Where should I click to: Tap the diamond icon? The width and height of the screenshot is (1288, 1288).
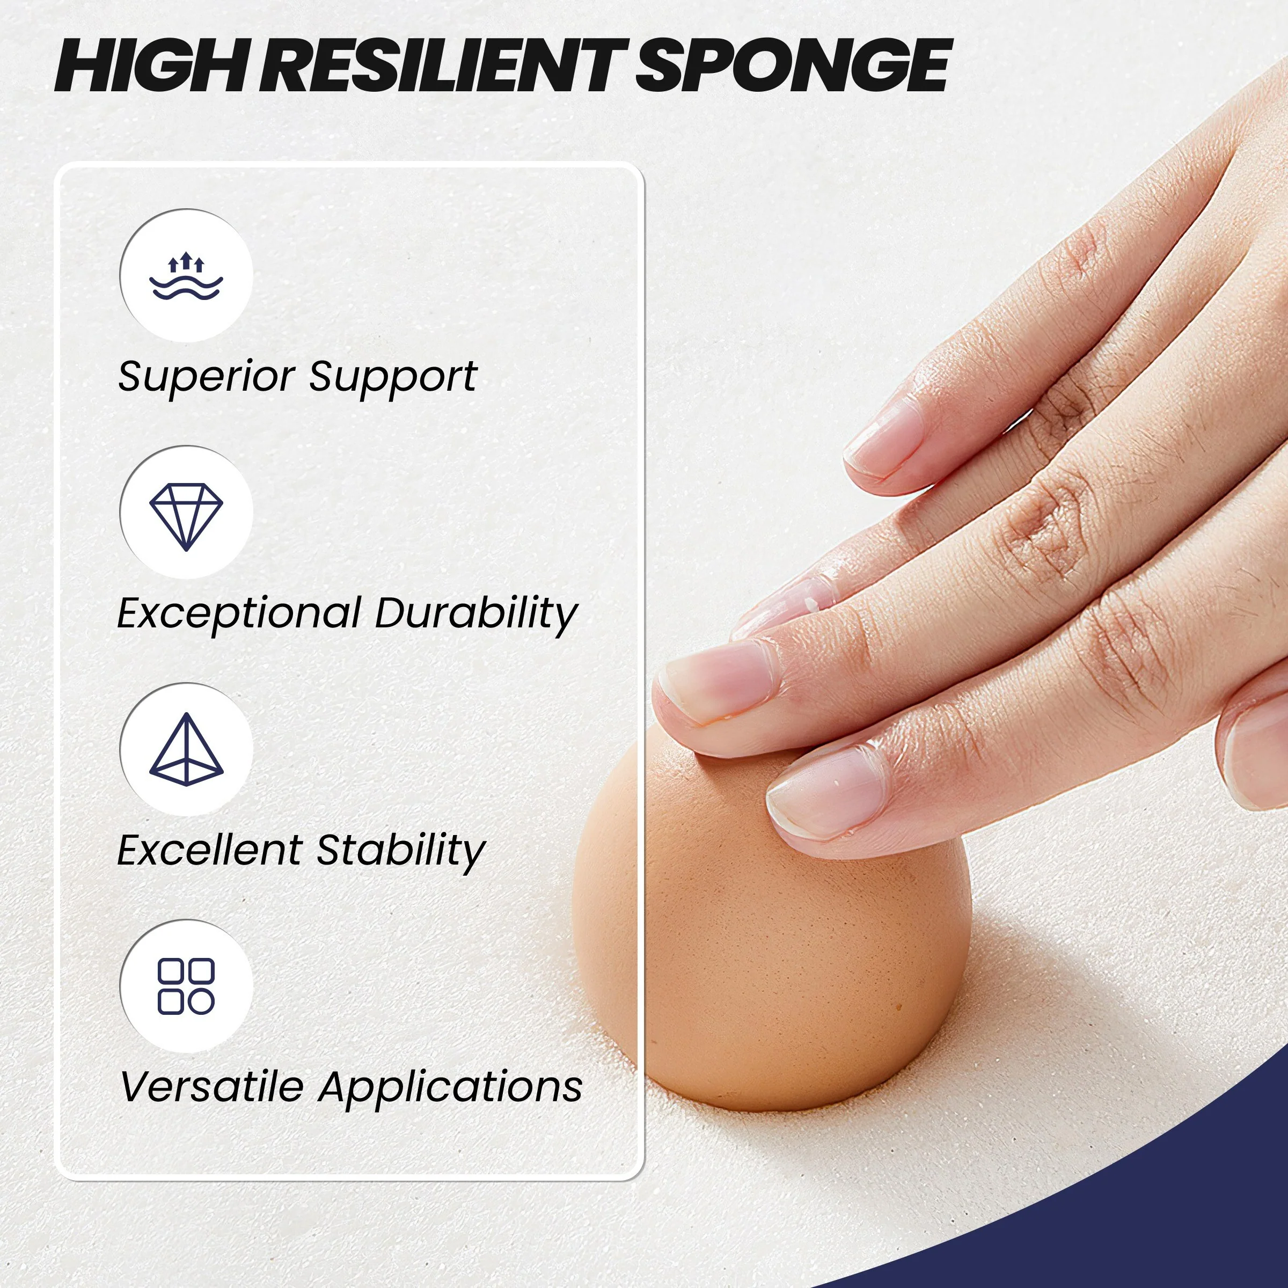tap(186, 517)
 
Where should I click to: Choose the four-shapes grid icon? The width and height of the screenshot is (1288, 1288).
tap(186, 987)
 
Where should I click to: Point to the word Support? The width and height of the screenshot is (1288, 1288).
tap(393, 377)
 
